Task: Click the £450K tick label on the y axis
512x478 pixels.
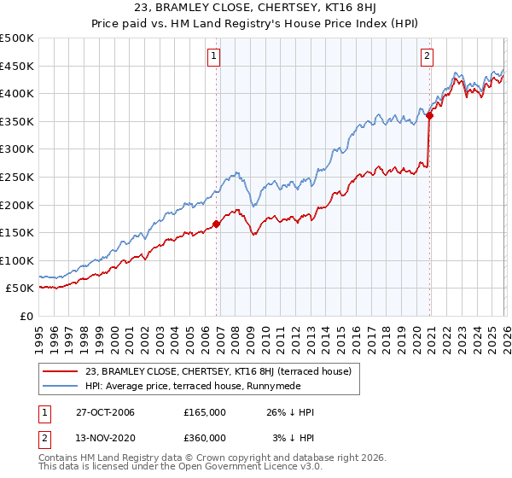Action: pyautogui.click(x=17, y=66)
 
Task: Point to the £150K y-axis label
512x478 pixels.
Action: pyautogui.click(x=17, y=232)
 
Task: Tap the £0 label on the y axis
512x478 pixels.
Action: pyautogui.click(x=26, y=316)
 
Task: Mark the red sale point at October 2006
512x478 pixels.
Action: pyautogui.click(x=216, y=224)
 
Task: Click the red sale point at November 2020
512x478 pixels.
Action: pyautogui.click(x=429, y=116)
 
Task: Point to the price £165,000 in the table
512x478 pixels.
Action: pyautogui.click(x=205, y=412)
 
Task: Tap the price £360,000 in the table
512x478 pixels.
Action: pyautogui.click(x=205, y=438)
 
